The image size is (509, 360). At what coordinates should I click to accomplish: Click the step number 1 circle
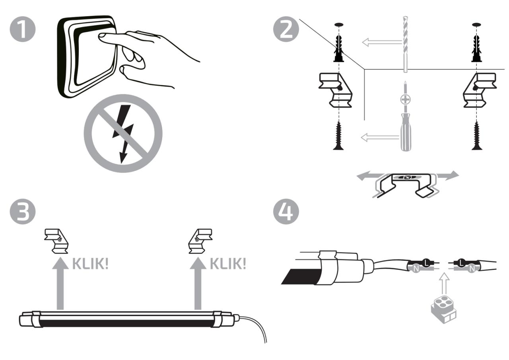point(23,29)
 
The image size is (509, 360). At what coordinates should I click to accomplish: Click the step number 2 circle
point(286,29)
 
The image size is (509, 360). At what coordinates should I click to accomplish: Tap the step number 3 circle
point(23,211)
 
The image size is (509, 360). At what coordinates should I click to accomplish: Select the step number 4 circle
point(286,211)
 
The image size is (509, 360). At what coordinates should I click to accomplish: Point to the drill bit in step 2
point(405,44)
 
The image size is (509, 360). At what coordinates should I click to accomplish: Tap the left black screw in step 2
point(338,136)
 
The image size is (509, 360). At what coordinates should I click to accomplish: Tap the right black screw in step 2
point(477,136)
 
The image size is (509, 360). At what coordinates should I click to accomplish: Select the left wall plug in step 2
point(338,48)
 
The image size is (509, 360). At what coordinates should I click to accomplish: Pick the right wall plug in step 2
point(477,48)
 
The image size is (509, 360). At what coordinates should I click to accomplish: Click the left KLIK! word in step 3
point(90,264)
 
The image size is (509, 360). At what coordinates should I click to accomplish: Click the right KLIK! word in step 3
point(228,264)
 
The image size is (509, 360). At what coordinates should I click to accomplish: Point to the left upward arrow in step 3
point(60,283)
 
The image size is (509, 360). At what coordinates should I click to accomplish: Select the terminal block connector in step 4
point(443,310)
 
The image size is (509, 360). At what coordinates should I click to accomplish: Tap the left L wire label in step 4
point(426,263)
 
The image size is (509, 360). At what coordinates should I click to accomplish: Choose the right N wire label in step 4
point(472,269)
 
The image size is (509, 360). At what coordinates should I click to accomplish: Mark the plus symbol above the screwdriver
point(405,99)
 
